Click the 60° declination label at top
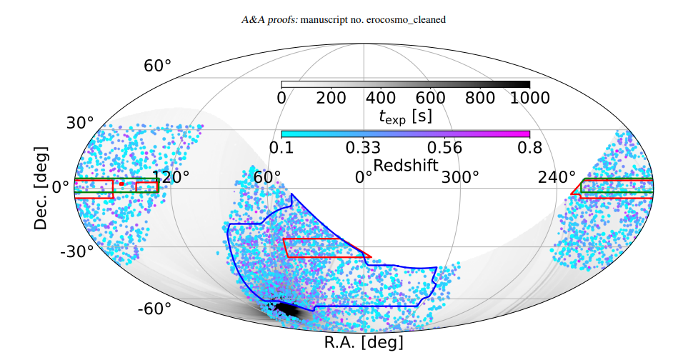(158, 66)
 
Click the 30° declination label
(81, 123)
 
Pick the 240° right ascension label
(557, 176)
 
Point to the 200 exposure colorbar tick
(331, 98)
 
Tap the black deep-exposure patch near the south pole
(289, 309)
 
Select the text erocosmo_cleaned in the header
(407, 20)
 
